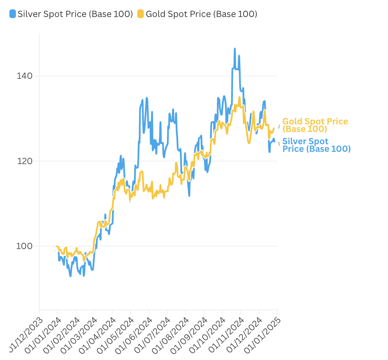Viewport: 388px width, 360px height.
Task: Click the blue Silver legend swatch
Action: pyautogui.click(x=13, y=14)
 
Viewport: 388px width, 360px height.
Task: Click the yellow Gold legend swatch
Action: pyautogui.click(x=141, y=14)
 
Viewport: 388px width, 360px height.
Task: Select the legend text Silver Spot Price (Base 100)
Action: pyautogui.click(x=75, y=14)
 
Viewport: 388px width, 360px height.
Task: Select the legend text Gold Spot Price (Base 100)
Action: pyautogui.click(x=202, y=14)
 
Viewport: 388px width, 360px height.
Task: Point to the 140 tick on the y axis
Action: pyautogui.click(x=25, y=76)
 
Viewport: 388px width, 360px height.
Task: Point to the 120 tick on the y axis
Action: pyautogui.click(x=25, y=161)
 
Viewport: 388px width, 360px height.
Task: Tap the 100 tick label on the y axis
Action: pyautogui.click(x=25, y=246)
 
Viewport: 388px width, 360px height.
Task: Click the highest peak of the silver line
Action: pyautogui.click(x=235, y=49)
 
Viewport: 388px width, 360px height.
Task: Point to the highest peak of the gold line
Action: pyautogui.click(x=240, y=97)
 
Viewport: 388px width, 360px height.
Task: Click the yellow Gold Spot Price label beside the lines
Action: pyautogui.click(x=315, y=125)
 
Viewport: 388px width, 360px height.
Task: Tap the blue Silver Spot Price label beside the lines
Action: pyautogui.click(x=317, y=145)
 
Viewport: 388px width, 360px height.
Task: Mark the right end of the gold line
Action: pyautogui.click(x=274, y=128)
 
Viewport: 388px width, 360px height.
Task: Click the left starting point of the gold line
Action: pyautogui.click(x=57, y=246)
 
